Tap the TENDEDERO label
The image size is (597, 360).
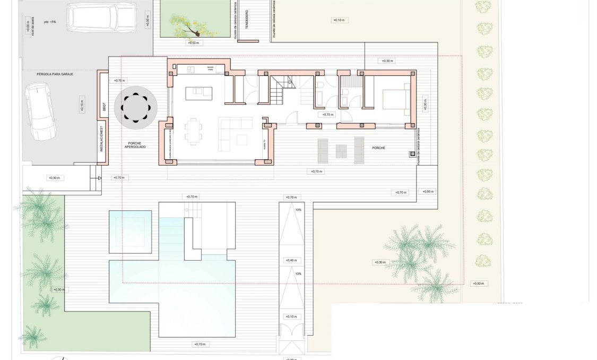pyautogui.click(x=247, y=19)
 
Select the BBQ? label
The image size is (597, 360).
pyautogui.click(x=104, y=108)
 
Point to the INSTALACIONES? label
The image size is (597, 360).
pyautogui.click(x=102, y=140)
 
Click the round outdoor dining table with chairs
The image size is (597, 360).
pyautogui.click(x=135, y=107)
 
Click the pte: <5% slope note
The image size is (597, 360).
pyautogui.click(x=50, y=22)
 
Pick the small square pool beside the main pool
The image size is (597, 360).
pyautogui.click(x=130, y=232)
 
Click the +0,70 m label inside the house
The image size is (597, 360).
pyautogui.click(x=328, y=115)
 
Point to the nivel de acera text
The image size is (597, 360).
pyautogui.click(x=33, y=25)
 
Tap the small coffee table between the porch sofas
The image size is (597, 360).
pyautogui.click(x=341, y=151)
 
